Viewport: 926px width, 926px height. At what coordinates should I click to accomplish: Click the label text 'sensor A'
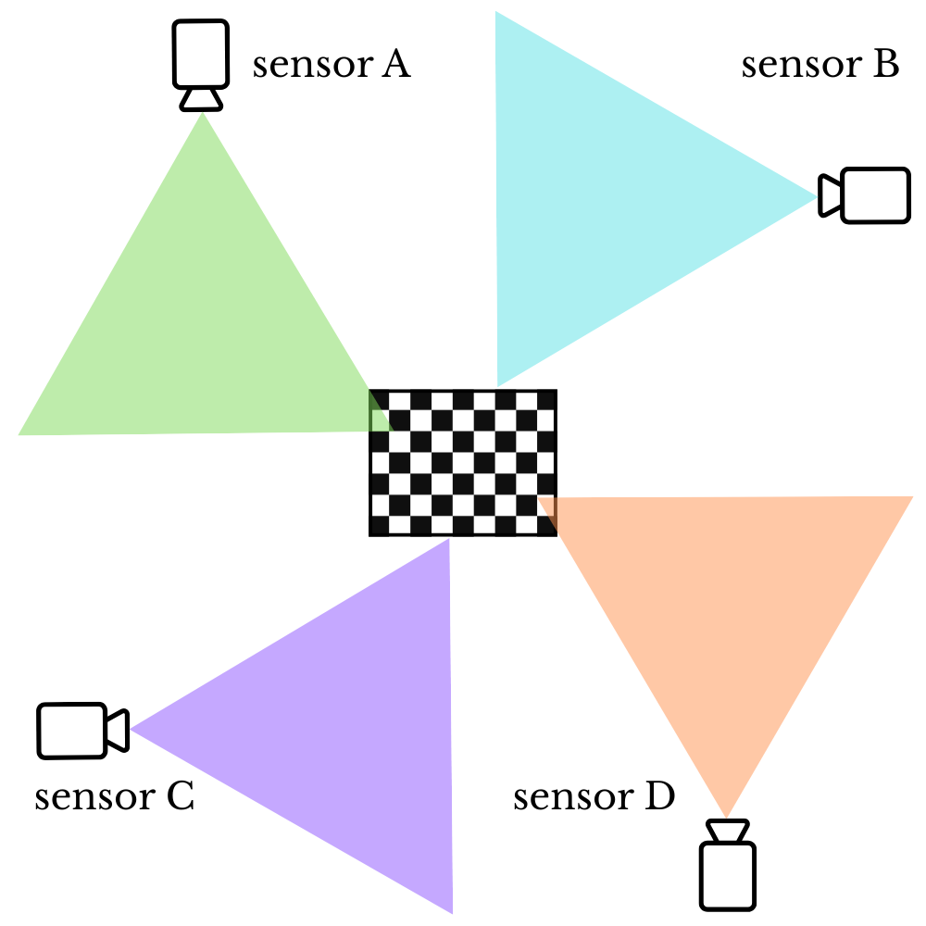331,66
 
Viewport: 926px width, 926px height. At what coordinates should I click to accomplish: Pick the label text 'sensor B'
820,66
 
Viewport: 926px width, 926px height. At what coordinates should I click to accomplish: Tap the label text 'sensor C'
114,797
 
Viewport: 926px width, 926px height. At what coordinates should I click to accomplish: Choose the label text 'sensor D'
594,796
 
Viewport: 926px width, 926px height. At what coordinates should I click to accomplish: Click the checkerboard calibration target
463,463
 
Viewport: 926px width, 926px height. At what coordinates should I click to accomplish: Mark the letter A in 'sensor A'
395,66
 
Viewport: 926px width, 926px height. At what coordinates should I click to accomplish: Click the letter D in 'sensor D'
659,796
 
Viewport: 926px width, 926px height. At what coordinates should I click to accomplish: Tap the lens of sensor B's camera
830,195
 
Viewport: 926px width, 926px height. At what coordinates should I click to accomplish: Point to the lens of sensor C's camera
118,730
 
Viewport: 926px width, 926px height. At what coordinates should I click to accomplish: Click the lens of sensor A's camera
200,99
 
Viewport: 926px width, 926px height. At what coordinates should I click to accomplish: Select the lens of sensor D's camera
727,831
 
